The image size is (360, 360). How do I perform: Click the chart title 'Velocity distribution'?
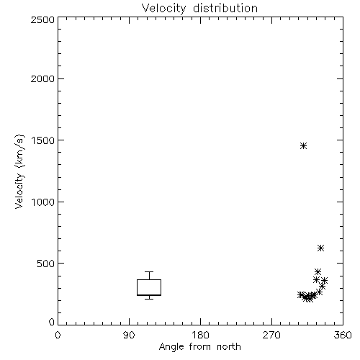[x=199, y=9]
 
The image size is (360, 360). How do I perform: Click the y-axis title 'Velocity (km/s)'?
[x=19, y=171]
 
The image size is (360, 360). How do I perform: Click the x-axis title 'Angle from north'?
[x=200, y=347]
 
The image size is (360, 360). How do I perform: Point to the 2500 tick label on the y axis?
[x=42, y=19]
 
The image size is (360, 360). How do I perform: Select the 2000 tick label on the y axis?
[x=42, y=78]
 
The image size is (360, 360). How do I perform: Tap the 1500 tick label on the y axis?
[x=43, y=140]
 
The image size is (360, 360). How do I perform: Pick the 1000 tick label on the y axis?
[x=43, y=202]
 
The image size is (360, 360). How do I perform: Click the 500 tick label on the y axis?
[x=45, y=264]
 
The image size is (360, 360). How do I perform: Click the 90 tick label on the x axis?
[x=129, y=335]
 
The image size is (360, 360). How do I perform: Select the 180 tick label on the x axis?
[x=200, y=335]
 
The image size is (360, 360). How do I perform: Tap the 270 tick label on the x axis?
[x=271, y=335]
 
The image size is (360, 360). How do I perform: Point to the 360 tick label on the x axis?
[x=343, y=335]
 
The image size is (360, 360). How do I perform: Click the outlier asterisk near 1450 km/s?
[x=304, y=146]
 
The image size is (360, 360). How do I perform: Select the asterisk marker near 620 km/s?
[x=321, y=248]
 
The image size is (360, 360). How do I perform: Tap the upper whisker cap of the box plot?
[x=149, y=271]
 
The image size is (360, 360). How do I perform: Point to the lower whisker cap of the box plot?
[x=149, y=299]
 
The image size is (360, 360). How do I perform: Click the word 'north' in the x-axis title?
[x=229, y=347]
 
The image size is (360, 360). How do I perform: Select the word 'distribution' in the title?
[x=225, y=9]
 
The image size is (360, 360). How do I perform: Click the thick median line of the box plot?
[x=149, y=295]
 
